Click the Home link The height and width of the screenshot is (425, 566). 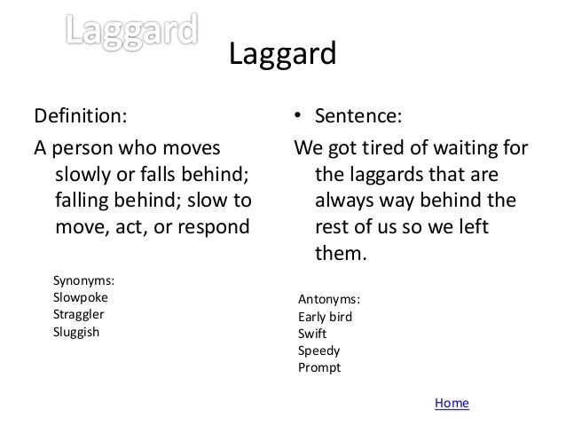[452, 403]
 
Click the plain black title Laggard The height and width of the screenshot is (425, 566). [282, 56]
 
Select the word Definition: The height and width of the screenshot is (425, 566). [80, 116]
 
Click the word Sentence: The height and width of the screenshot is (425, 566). [358, 116]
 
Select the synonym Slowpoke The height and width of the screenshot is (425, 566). [81, 297]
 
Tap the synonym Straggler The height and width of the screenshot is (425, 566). [80, 314]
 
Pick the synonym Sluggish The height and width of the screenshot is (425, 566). [77, 332]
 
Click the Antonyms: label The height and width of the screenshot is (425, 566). [329, 299]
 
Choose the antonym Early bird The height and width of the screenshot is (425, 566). [325, 316]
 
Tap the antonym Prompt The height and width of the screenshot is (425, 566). [318, 366]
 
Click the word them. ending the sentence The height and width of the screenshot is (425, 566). [341, 253]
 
